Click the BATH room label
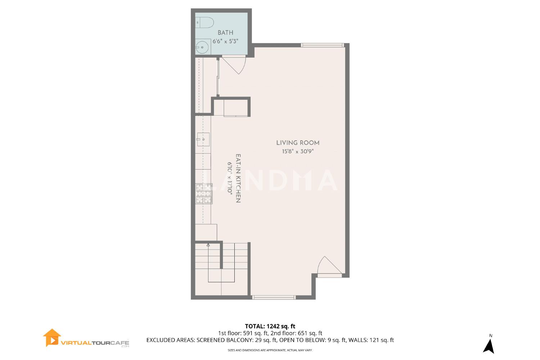225,32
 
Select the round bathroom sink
202,47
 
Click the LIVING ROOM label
298,143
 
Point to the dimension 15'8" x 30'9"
298,152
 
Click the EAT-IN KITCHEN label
238,179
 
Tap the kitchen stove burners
204,194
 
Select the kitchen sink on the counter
203,139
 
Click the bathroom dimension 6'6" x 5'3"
225,41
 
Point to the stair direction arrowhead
208,245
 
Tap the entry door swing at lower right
329,265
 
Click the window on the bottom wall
274,298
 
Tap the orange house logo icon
51,338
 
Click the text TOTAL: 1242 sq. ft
270,326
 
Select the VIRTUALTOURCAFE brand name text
95,343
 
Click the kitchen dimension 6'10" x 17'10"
230,179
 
